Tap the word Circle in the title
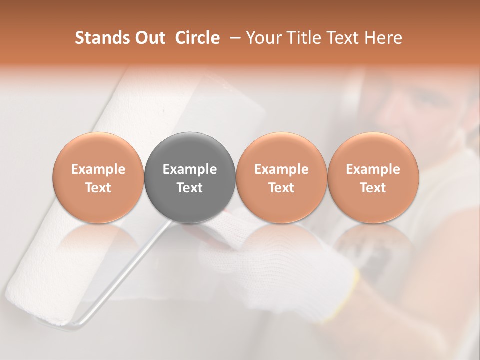[x=197, y=38]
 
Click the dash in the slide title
[x=233, y=38]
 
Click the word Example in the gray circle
[x=190, y=169]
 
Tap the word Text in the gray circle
[x=190, y=188]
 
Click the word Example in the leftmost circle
[x=98, y=169]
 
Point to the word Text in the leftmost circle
[x=98, y=188]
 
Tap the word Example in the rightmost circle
[x=373, y=169]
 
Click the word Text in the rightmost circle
[x=373, y=188]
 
